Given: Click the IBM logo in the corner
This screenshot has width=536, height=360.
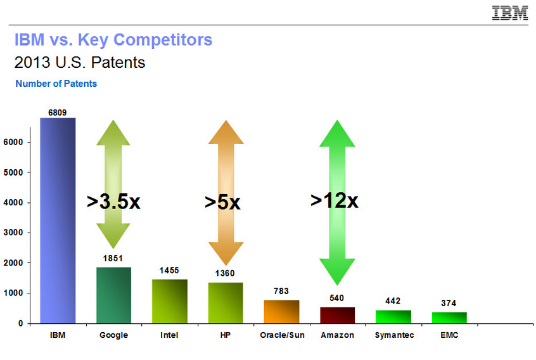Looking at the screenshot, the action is (x=509, y=13).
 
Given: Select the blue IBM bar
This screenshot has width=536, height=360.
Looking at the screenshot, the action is (x=58, y=221).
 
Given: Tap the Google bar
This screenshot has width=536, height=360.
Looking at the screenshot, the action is (x=114, y=295).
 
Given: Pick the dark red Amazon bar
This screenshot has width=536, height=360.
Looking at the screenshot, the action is (x=338, y=315).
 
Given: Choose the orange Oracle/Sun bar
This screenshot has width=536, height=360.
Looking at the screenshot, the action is (x=282, y=312).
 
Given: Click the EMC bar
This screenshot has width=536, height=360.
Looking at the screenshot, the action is (x=449, y=318).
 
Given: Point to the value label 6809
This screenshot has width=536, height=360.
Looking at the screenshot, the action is (x=58, y=112).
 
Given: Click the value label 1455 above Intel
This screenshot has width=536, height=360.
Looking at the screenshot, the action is (x=169, y=271).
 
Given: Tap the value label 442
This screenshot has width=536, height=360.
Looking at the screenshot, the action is (x=393, y=301).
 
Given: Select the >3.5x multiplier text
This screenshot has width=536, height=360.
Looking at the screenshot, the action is (x=113, y=202).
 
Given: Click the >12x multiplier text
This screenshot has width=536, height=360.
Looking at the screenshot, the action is (x=335, y=200).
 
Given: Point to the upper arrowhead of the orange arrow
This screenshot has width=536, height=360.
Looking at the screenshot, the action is (x=226, y=132).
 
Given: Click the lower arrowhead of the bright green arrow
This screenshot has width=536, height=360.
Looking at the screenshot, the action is (x=337, y=272).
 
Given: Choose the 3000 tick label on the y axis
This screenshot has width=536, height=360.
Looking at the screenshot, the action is (x=13, y=233).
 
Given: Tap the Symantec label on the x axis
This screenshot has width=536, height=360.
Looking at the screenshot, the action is (x=394, y=335).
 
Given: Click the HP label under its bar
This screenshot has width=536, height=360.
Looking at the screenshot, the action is (x=226, y=335).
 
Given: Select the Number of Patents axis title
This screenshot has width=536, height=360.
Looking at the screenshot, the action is (x=56, y=84).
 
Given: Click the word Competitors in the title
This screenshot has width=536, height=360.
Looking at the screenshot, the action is (x=163, y=40).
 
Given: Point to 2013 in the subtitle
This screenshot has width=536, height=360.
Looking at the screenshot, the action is (x=32, y=62).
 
